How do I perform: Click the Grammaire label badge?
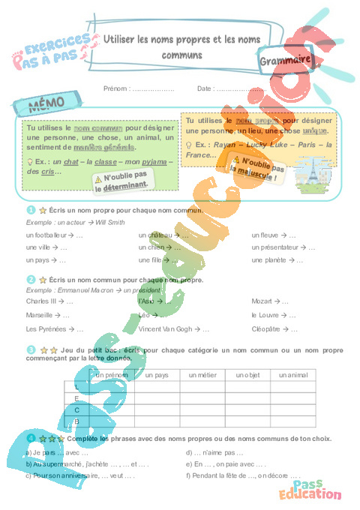coord(287,61)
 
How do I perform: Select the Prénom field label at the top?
coord(118,88)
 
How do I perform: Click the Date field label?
coord(205,88)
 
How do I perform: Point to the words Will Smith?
coord(106,223)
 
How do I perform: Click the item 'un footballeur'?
coord(46,235)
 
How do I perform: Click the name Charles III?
coord(41,301)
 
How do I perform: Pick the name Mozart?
coord(263,301)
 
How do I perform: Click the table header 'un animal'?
coord(294,374)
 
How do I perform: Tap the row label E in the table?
coord(76,397)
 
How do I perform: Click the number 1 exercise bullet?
coord(31,210)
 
